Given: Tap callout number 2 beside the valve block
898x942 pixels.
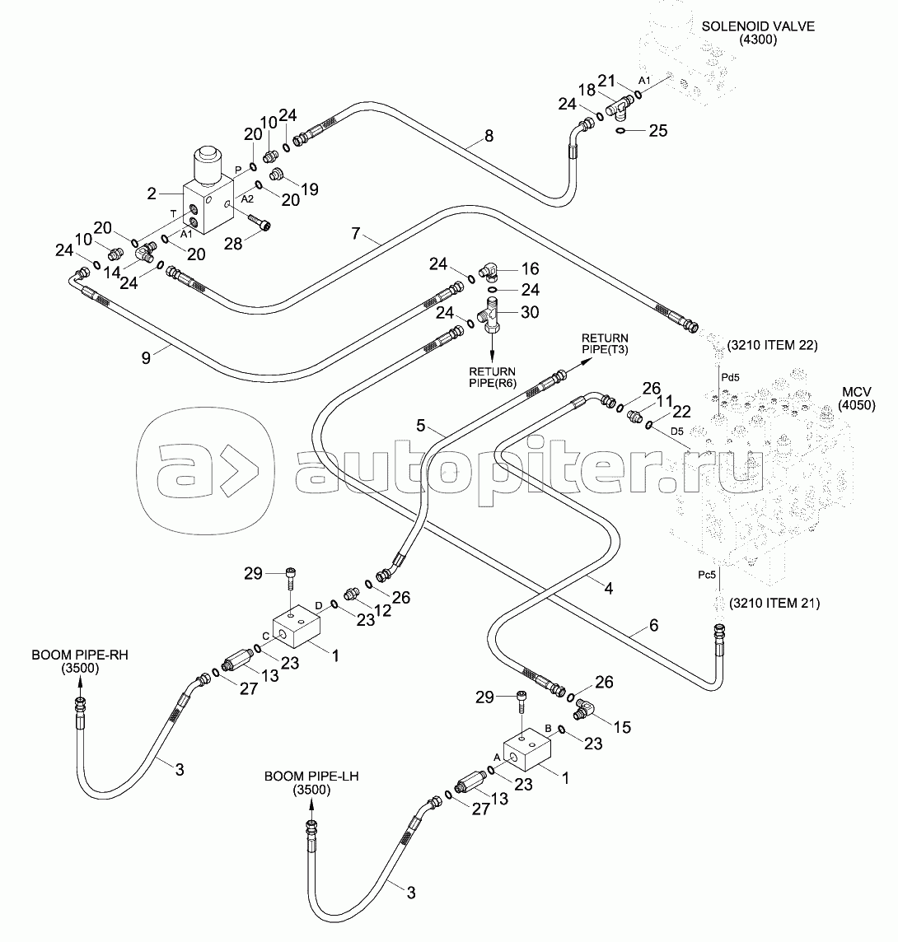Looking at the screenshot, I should (152, 194).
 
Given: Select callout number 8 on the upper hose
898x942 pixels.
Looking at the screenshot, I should (489, 136).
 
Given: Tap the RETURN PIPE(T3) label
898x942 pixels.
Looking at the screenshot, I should (605, 344).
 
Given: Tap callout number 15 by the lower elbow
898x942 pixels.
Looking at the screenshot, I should (622, 727).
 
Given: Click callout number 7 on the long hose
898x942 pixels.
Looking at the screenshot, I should (355, 234).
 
